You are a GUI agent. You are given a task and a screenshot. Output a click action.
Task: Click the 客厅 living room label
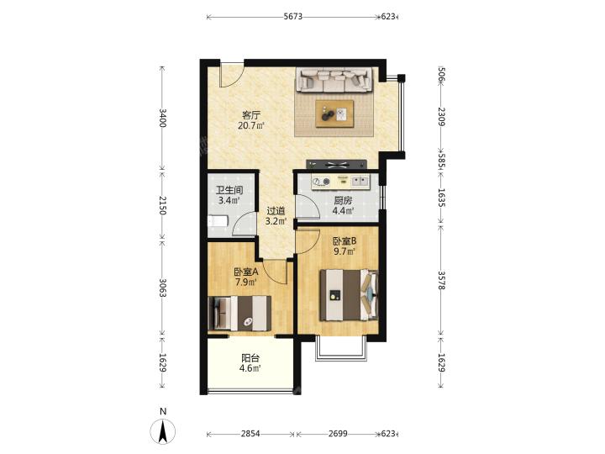tap(251, 114)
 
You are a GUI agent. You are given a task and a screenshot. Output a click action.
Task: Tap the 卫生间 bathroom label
tap(229, 190)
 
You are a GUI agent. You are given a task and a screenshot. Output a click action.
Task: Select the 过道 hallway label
tap(276, 211)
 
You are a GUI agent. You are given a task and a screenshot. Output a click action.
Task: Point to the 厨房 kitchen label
tap(343, 201)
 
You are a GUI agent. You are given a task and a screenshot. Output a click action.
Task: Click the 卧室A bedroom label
tap(246, 272)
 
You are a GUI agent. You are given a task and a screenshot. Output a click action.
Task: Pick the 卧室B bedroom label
tap(345, 241)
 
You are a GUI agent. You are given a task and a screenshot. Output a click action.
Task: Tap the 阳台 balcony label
tap(250, 358)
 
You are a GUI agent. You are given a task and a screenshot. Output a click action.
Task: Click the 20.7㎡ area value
tap(251, 125)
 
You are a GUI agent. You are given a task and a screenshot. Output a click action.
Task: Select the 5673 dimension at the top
tap(293, 17)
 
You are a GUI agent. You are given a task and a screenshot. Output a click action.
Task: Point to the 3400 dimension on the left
tap(162, 119)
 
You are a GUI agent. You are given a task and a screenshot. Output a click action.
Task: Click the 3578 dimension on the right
tap(442, 281)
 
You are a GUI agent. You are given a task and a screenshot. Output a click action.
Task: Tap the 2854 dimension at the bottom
tap(250, 434)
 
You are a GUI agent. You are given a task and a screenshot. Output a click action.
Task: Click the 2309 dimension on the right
tap(442, 117)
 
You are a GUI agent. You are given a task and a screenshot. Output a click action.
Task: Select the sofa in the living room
tap(334, 81)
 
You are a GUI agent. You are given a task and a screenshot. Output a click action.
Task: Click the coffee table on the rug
tap(334, 113)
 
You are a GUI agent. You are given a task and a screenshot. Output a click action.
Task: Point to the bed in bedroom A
tap(239, 314)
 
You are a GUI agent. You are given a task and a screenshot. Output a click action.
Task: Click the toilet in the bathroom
tap(218, 222)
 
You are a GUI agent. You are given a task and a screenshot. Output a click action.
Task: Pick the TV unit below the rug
tap(336, 165)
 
